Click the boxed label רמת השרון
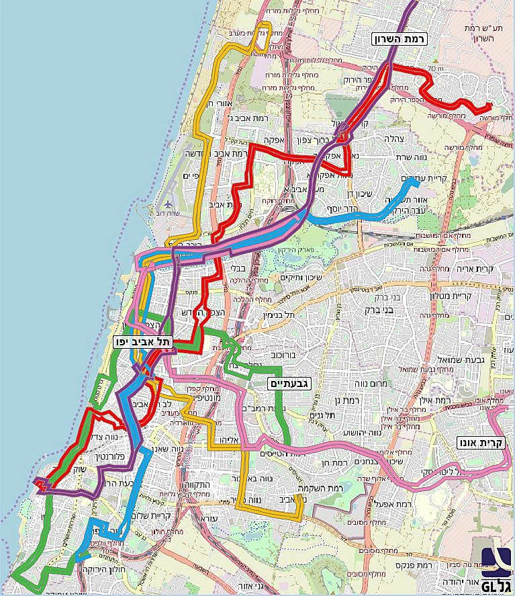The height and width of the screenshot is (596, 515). (401, 40)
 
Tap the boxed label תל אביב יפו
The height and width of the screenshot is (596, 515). (143, 342)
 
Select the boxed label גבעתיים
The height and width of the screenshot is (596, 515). (290, 384)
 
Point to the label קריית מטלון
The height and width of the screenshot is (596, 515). (457, 294)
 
